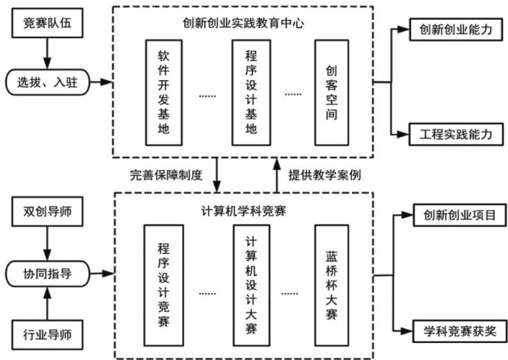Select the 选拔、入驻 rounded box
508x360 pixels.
(x=47, y=82)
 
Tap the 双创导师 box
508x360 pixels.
(x=47, y=214)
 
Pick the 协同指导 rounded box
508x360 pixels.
(x=47, y=274)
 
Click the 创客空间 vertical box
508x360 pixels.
(x=331, y=92)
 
